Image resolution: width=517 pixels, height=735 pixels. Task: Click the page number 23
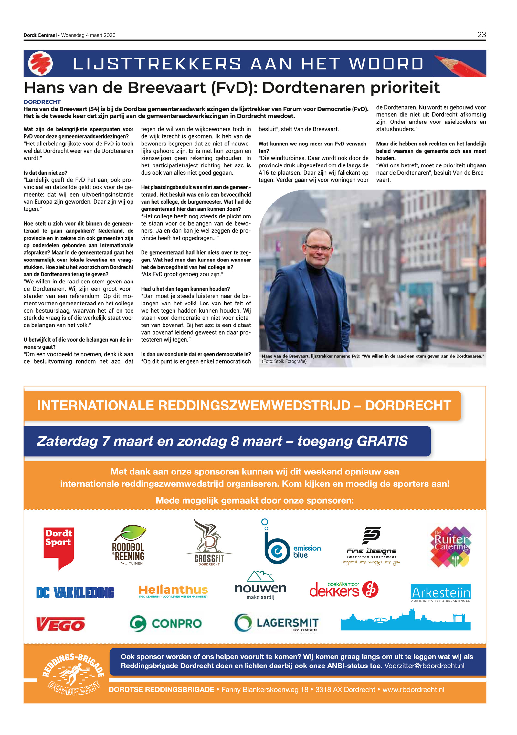pyautogui.click(x=481, y=35)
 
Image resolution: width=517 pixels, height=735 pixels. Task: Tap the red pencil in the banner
pyautogui.click(x=459, y=65)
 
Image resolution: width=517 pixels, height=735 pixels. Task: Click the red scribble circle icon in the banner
pyautogui.click(x=40, y=63)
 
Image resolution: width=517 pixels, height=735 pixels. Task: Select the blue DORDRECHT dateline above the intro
pyautogui.click(x=42, y=102)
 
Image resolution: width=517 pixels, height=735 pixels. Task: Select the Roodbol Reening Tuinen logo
pyautogui.click(x=129, y=545)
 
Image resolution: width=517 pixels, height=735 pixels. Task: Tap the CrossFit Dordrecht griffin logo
pyautogui.click(x=209, y=543)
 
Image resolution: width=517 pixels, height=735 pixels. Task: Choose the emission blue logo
pyautogui.click(x=291, y=545)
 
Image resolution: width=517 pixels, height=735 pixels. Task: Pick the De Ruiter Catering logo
pyautogui.click(x=450, y=546)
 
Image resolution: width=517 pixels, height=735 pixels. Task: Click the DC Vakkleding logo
pyautogui.click(x=75, y=592)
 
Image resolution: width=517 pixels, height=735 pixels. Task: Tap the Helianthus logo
pyautogui.click(x=173, y=591)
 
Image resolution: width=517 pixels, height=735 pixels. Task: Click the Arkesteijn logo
pyautogui.click(x=440, y=592)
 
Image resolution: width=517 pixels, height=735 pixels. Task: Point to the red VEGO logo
pyautogui.click(x=60, y=624)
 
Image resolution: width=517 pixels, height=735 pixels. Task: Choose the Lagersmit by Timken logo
pyautogui.click(x=277, y=623)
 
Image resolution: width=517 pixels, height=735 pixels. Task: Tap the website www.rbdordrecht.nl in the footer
pyautogui.click(x=413, y=689)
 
